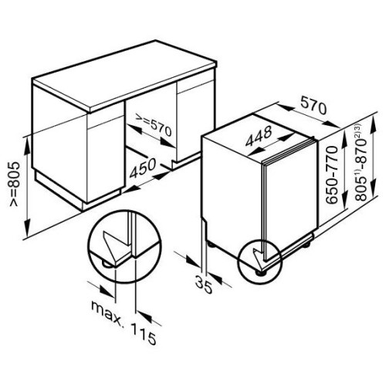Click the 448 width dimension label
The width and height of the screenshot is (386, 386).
[x=259, y=136]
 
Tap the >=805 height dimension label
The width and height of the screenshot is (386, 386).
[x=14, y=185]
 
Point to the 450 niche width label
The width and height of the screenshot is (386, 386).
[x=143, y=168]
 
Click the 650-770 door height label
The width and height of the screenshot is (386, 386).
[x=331, y=175]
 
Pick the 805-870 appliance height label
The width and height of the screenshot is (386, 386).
[x=361, y=163]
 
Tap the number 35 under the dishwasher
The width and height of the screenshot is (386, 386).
[x=204, y=284]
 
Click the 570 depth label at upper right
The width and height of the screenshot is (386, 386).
[x=313, y=106]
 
